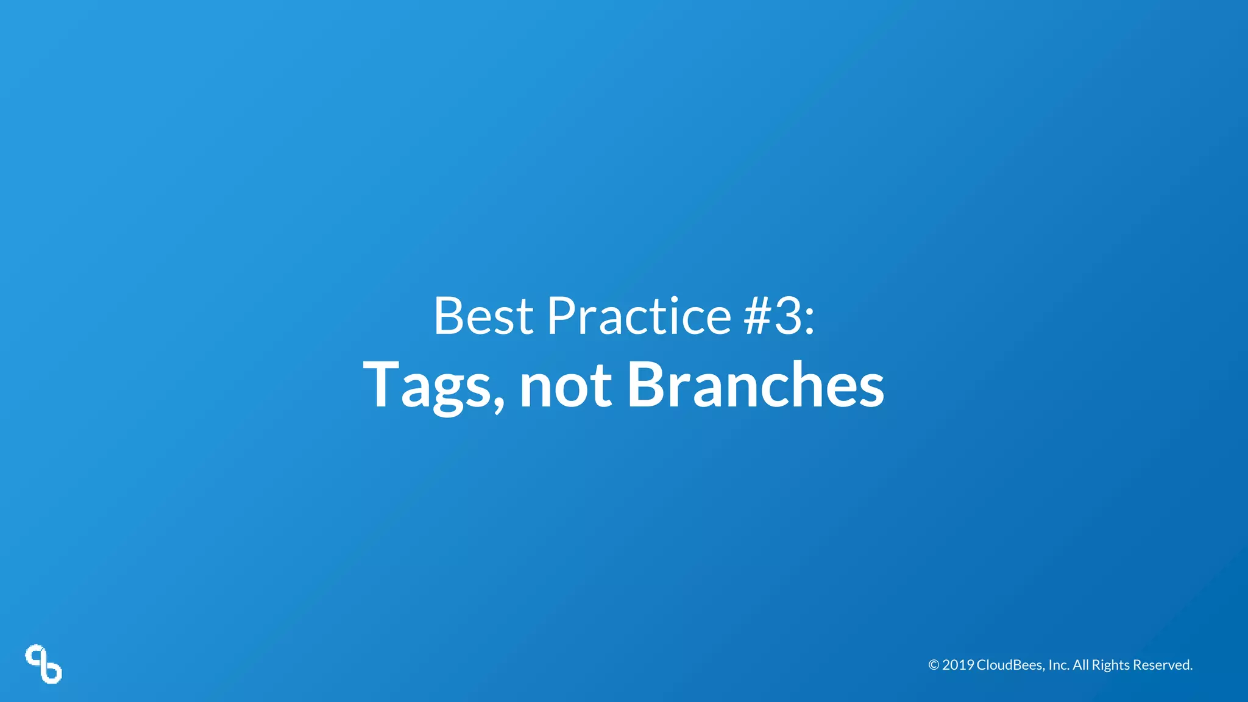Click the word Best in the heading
(x=483, y=316)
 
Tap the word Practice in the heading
(x=639, y=316)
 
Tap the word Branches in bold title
(x=755, y=384)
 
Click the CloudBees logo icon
(x=43, y=664)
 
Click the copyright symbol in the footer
(x=934, y=665)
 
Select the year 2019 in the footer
(x=958, y=665)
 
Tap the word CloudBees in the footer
(x=1010, y=665)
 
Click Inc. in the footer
(x=1058, y=665)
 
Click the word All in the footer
(x=1080, y=665)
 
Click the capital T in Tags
(x=381, y=384)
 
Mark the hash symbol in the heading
(x=757, y=316)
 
